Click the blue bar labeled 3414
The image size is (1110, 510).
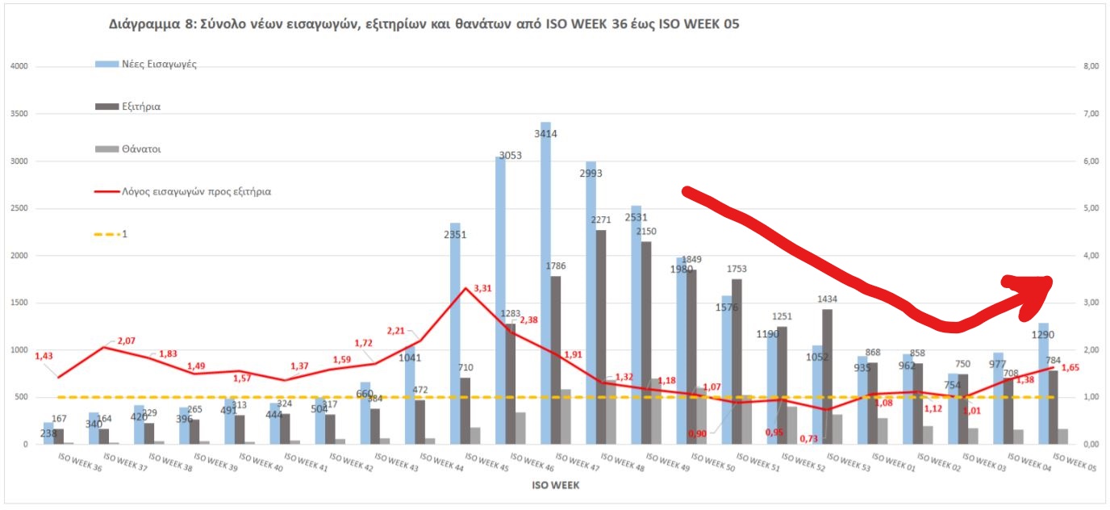coord(545,282)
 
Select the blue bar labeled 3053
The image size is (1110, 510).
coord(500,299)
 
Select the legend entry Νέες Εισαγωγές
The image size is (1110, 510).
coord(159,64)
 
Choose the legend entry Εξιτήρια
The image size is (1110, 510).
coord(141,107)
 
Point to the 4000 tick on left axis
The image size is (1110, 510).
coord(19,66)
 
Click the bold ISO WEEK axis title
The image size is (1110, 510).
coord(555,486)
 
